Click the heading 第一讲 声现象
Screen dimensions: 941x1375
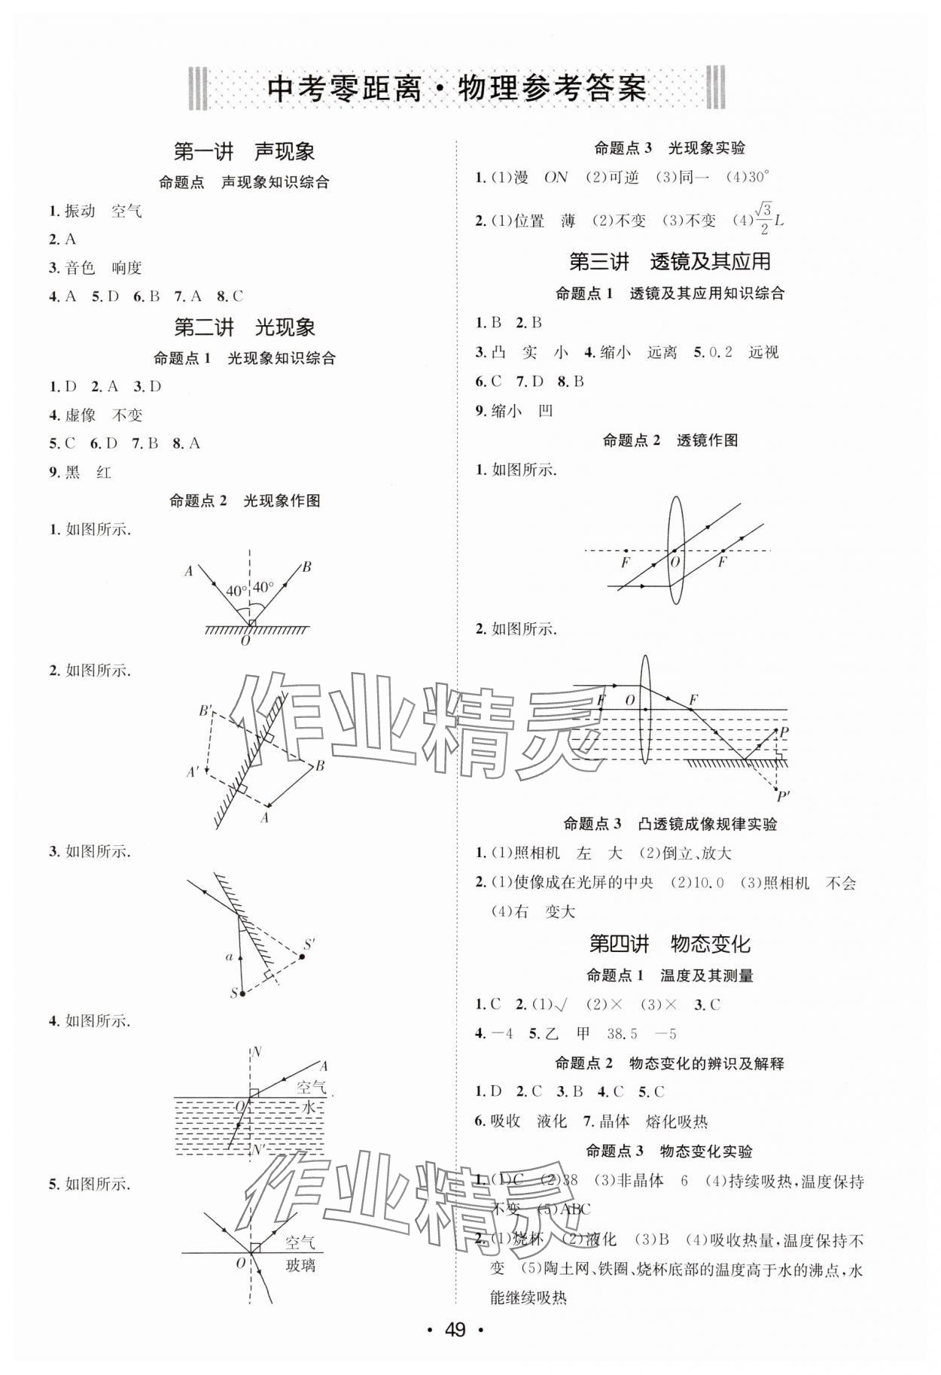[244, 152]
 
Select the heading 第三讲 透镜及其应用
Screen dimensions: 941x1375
[669, 261]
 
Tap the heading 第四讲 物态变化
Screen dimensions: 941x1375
[669, 944]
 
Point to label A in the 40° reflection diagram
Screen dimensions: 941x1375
[188, 571]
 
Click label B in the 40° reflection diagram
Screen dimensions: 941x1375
[306, 567]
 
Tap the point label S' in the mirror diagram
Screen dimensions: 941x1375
[309, 944]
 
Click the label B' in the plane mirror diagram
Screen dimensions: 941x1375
[205, 710]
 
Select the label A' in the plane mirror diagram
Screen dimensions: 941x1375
[193, 772]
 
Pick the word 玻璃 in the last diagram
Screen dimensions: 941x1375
[300, 1265]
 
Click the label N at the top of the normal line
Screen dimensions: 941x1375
[257, 1051]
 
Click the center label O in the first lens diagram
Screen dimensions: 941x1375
[675, 561]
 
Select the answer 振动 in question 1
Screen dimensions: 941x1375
[80, 211]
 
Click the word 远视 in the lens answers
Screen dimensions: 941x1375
[763, 352]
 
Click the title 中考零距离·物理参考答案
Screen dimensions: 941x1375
[457, 90]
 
